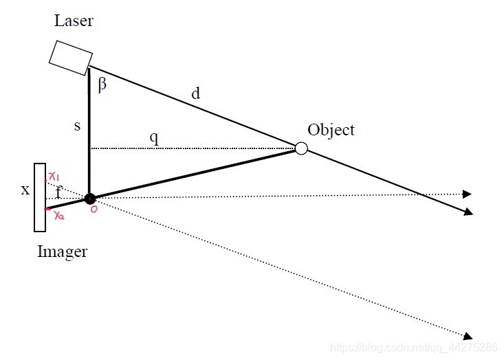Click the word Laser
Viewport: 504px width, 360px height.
click(74, 21)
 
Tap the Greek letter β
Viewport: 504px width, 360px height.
click(102, 85)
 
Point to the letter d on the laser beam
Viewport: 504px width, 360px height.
click(195, 93)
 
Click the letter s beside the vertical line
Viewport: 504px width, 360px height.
click(77, 126)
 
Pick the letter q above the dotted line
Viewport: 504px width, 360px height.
click(154, 138)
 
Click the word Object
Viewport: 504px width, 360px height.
click(331, 131)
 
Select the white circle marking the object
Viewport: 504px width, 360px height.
click(301, 148)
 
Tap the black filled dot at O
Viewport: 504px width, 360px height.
click(90, 199)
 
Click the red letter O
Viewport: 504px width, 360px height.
click(94, 210)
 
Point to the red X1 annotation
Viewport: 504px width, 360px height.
click(54, 177)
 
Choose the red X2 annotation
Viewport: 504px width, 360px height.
click(59, 215)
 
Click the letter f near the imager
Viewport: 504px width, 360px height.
click(58, 192)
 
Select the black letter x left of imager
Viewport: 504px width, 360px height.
click(25, 190)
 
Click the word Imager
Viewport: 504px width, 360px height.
click(63, 251)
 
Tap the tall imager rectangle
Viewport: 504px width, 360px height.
click(40, 197)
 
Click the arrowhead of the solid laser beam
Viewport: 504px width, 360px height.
click(469, 212)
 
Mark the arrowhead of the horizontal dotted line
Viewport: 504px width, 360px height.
click(467, 194)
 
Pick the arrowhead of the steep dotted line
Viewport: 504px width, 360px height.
click(468, 336)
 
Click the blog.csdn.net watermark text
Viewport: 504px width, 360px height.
click(414, 348)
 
